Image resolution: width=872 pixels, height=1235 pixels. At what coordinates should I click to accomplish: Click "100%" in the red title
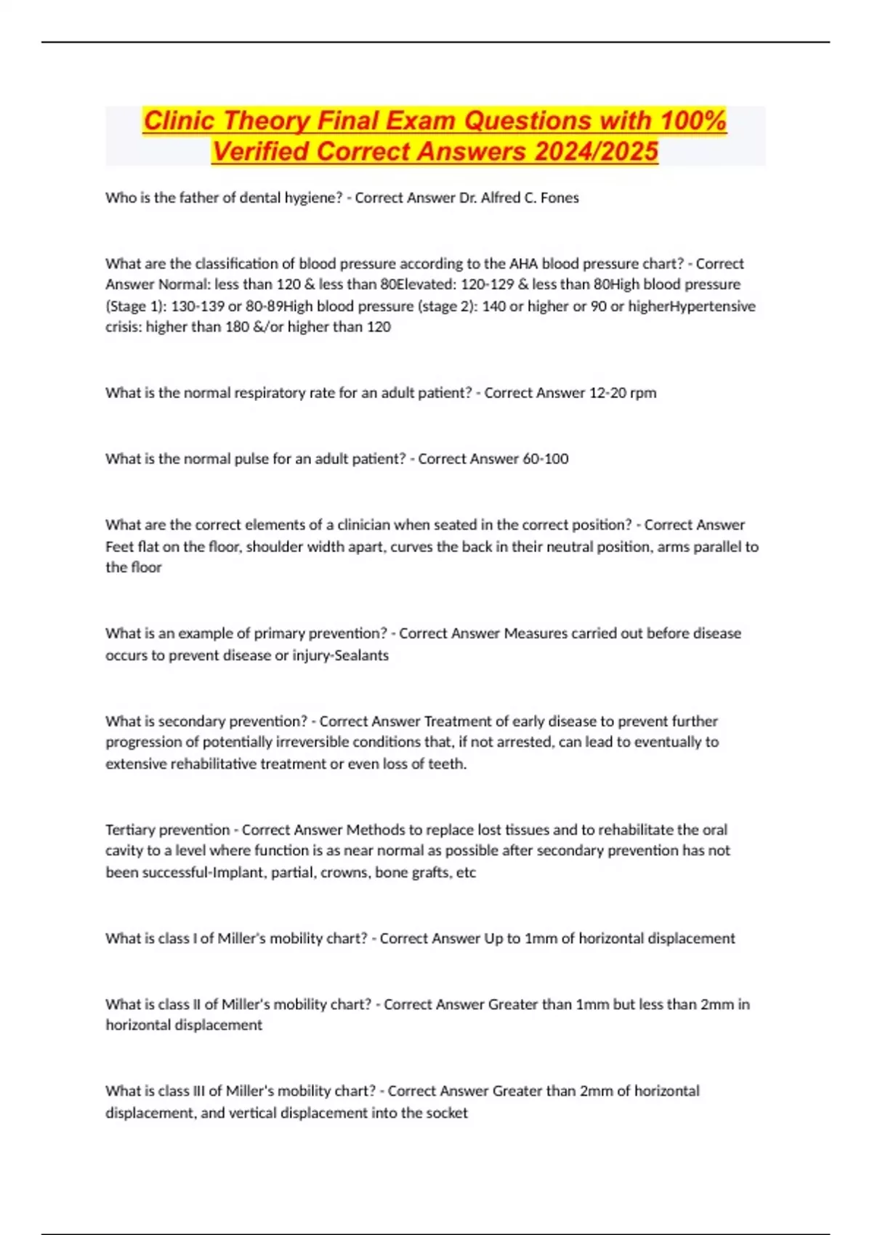(x=693, y=121)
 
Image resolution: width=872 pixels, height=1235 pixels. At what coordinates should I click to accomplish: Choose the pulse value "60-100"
(x=546, y=459)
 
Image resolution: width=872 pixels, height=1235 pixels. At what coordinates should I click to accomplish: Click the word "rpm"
(x=643, y=393)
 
